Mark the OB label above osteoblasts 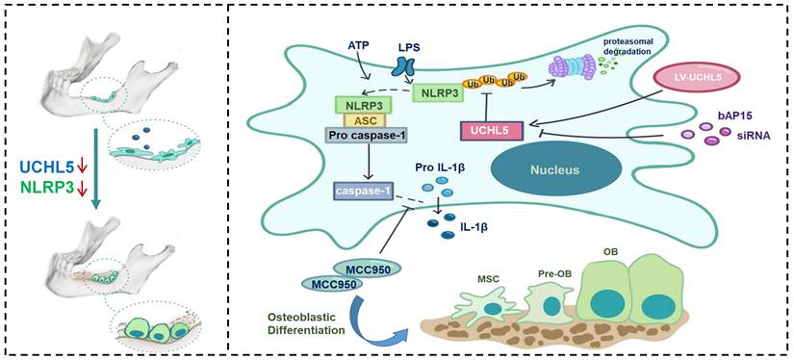610,250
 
